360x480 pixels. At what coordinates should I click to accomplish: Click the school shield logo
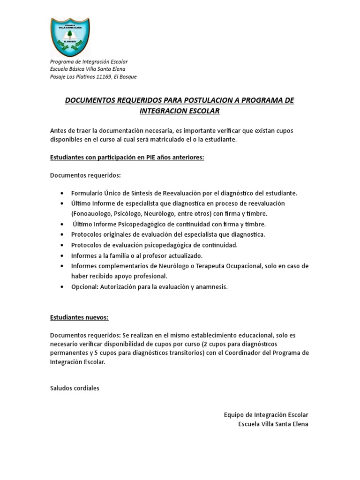click(70, 37)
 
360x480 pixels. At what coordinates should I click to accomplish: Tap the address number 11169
click(104, 77)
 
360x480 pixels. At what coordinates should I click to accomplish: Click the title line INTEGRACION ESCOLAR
click(180, 111)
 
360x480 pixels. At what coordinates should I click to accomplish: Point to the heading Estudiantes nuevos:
click(79, 317)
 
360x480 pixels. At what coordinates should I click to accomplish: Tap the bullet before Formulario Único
click(63, 193)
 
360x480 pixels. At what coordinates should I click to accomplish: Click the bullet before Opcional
click(63, 287)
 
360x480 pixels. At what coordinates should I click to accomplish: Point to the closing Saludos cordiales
click(75, 388)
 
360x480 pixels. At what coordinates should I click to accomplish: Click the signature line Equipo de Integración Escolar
click(266, 415)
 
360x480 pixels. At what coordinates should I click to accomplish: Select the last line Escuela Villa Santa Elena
click(273, 424)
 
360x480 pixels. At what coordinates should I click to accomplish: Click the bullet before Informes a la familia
click(63, 255)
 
